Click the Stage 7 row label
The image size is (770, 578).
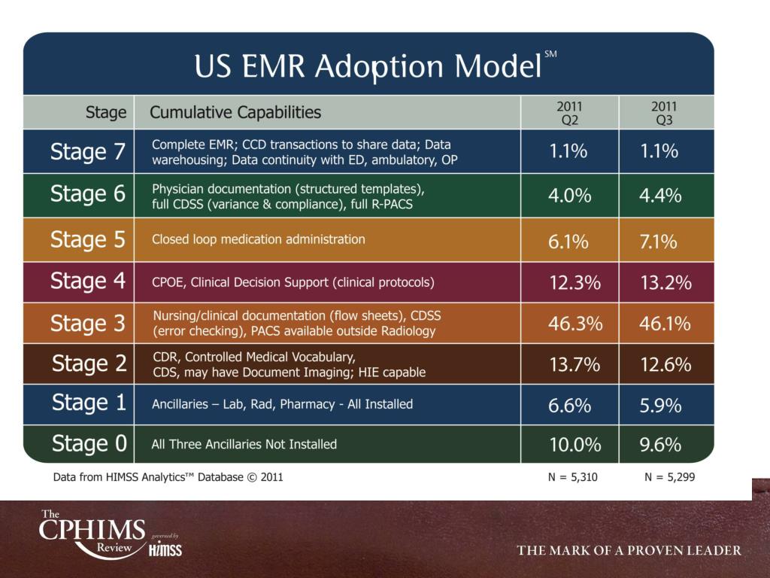[x=87, y=152]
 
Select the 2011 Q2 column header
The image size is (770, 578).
[x=569, y=112]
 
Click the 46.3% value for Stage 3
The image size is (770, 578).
[x=575, y=324]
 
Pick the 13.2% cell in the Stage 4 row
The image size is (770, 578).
[x=665, y=283]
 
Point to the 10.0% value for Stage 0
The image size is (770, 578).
[x=575, y=445]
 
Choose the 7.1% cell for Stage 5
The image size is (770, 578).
[x=659, y=242]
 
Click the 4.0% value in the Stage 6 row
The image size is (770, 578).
[x=570, y=196]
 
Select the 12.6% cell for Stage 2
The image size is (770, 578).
[x=665, y=365]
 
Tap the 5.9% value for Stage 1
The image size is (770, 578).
[x=660, y=405]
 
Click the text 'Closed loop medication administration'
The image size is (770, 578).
[x=259, y=239]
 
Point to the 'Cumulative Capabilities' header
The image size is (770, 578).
[x=235, y=113]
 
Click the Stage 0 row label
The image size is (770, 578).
[x=89, y=444]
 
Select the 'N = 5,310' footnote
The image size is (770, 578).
[x=573, y=477]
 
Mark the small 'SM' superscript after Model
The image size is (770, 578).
[x=550, y=54]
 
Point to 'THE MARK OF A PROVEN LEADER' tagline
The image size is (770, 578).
[x=629, y=551]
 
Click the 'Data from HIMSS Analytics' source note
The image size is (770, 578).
[x=168, y=477]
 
